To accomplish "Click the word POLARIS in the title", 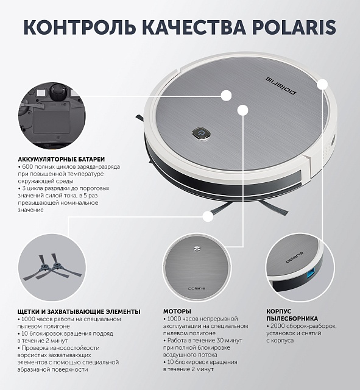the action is click(x=294, y=27).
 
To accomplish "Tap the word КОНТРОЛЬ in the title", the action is click(x=80, y=27).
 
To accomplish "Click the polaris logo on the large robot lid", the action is click(x=281, y=86).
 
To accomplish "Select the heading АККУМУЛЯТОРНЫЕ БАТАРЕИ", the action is click(x=62, y=159).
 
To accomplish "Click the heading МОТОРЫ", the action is click(x=177, y=311).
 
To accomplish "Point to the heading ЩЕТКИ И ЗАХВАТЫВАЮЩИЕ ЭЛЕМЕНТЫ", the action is click(x=79, y=311).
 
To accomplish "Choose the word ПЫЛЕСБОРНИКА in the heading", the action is click(x=292, y=319).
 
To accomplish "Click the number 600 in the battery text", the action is click(x=27, y=166).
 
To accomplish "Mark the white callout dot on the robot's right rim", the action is click(x=322, y=84).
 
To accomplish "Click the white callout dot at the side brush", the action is click(x=208, y=217).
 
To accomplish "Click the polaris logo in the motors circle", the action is click(x=197, y=288).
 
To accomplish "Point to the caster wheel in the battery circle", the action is click(x=58, y=91).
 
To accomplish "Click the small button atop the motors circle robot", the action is click(x=197, y=248).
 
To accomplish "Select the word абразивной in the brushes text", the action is click(x=33, y=370).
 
